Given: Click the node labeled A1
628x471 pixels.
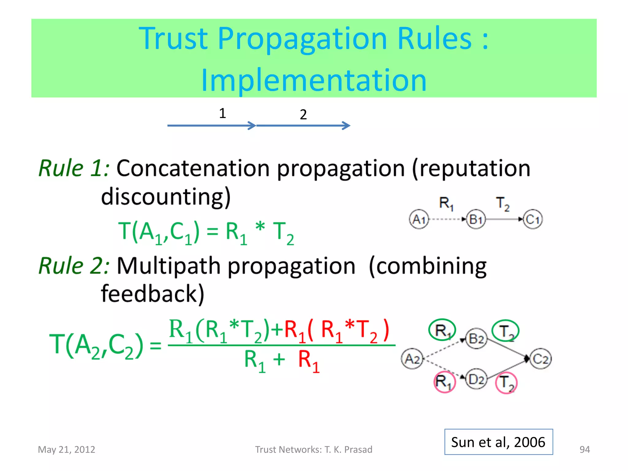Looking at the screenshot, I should [419, 219].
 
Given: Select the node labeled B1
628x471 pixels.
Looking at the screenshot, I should [476, 219].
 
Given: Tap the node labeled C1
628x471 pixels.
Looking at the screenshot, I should [533, 219].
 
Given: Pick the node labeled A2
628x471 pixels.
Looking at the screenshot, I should [412, 358].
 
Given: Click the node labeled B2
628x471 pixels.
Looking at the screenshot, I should [476, 339].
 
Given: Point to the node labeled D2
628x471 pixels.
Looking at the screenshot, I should [476, 380].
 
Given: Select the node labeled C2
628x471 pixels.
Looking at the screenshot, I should [541, 358].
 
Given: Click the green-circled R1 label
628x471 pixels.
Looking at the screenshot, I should [442, 330].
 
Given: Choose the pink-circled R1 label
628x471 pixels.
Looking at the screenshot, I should [445, 382].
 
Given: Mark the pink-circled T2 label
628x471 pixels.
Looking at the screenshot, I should [506, 383].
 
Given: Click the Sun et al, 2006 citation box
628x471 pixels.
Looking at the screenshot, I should [499, 442].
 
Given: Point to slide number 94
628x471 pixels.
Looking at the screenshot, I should [584, 450].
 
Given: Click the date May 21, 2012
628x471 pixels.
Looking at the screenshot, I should [67, 450].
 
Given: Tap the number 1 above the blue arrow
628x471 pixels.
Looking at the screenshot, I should [223, 113].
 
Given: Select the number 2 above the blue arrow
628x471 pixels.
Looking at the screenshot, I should [303, 114].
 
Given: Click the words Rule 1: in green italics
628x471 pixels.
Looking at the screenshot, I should [74, 168].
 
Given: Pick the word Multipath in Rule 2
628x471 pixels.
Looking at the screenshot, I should [168, 266].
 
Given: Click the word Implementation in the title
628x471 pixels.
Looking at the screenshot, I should [314, 80].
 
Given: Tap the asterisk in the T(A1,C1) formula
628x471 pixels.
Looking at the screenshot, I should [260, 227].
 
